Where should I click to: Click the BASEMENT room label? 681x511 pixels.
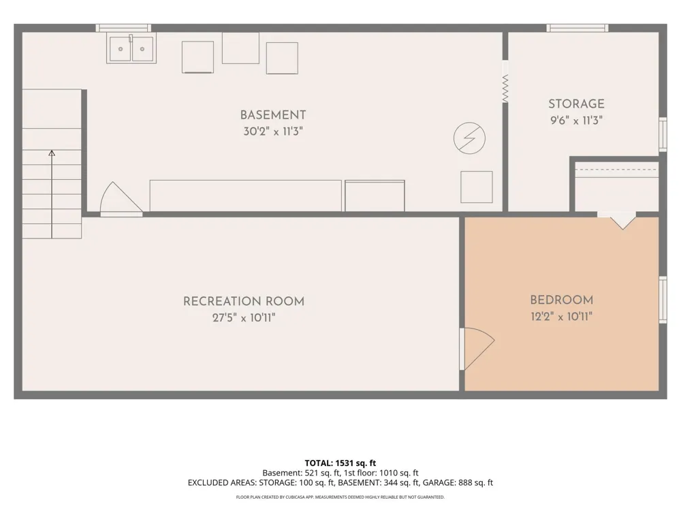pos(273,115)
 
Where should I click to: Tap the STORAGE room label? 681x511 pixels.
pos(576,104)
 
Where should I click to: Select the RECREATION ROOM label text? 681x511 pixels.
pos(244,302)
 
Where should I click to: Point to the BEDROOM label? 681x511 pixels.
pos(562,300)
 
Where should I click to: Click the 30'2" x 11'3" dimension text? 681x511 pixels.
pos(273,131)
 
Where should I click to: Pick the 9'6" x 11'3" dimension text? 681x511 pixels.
pos(576,121)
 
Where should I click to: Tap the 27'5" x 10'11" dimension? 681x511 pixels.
pos(244,318)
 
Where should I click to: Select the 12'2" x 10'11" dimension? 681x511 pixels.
pos(562,316)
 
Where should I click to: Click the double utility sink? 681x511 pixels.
pos(131,48)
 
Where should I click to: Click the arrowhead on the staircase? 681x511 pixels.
pos(52,153)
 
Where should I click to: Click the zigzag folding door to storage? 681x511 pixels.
pos(505,89)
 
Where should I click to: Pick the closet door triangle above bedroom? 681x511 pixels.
pos(623,221)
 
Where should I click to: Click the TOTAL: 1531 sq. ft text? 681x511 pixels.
pos(340,463)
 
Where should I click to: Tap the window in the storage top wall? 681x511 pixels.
pos(577,28)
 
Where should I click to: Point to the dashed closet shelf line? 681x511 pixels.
pos(616,170)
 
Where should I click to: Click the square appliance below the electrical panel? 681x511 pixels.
pos(477,187)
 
